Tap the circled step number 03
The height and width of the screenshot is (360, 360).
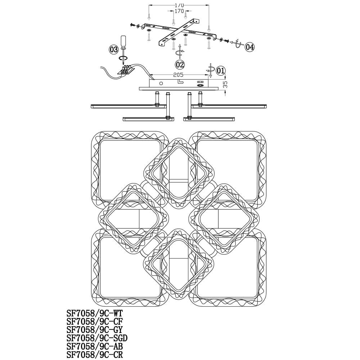(114, 50)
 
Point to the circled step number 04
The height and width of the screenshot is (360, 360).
(250, 47)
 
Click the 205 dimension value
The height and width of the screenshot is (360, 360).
(179, 75)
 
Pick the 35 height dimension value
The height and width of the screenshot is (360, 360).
(225, 84)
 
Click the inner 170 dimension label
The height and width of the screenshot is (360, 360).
(179, 11)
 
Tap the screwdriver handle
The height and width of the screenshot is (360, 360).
(123, 41)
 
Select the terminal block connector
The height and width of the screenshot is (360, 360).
(125, 70)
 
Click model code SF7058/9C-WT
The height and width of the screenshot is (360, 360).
(95, 314)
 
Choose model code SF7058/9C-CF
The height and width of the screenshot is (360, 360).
(95, 321)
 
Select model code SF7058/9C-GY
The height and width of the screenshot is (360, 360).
(95, 330)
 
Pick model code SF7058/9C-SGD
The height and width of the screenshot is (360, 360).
(97, 338)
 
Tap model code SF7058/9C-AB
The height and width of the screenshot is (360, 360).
(95, 346)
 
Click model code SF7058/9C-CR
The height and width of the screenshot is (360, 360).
(95, 355)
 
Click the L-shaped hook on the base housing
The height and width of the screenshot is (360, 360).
(180, 81)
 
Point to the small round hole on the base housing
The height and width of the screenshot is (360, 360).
(161, 83)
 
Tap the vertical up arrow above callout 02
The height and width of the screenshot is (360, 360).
(180, 51)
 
